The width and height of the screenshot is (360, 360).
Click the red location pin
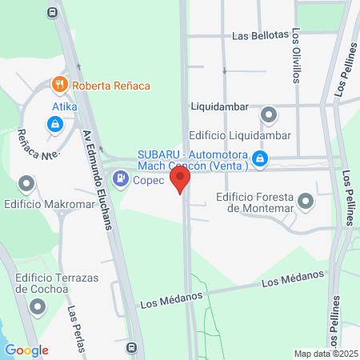181,178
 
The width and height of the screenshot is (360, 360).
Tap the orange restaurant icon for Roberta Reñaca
58,85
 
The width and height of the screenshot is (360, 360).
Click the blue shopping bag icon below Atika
54,124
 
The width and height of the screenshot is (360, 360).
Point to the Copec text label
149,180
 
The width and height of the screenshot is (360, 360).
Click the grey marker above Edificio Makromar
28,185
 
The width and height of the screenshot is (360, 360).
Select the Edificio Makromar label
38,206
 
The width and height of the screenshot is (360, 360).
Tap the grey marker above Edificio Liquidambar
269,114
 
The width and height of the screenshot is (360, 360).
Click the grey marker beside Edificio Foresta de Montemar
306,204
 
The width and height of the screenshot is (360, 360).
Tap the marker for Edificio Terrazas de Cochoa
38,306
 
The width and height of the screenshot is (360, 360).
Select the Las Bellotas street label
260,36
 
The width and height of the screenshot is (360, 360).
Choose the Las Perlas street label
74,327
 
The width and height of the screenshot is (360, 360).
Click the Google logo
26,350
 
